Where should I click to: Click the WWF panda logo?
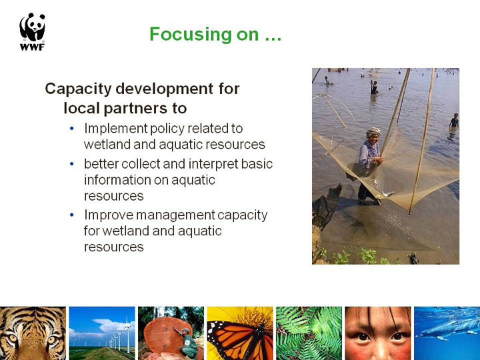[33, 31]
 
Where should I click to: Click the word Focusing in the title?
[190, 35]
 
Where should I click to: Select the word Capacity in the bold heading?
[78, 89]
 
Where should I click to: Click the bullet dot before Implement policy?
[72, 128]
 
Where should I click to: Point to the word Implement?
[116, 129]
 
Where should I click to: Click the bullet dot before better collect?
[72, 164]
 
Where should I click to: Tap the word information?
[117, 180]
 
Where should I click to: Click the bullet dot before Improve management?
[72, 215]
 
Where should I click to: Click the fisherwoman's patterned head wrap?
[374, 132]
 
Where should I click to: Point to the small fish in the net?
[388, 194]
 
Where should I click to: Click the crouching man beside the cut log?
[187, 343]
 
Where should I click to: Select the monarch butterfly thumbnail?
[240, 333]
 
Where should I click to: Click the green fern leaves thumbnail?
[309, 333]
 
